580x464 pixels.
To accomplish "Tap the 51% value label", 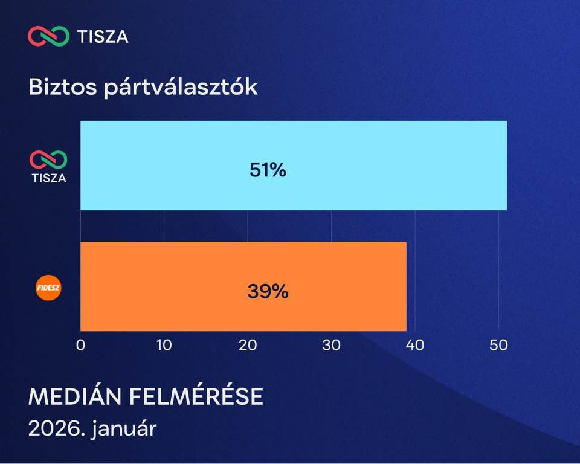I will (268, 170).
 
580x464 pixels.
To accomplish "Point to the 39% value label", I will (268, 292).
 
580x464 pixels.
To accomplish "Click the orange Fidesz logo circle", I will (49, 288).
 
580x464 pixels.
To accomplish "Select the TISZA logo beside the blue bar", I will (49, 166).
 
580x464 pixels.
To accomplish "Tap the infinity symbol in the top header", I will (49, 36).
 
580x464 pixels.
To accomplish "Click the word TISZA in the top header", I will (103, 37).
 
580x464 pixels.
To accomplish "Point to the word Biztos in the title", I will (62, 87).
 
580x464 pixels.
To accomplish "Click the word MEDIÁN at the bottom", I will (75, 396).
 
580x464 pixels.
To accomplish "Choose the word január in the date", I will (124, 430).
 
